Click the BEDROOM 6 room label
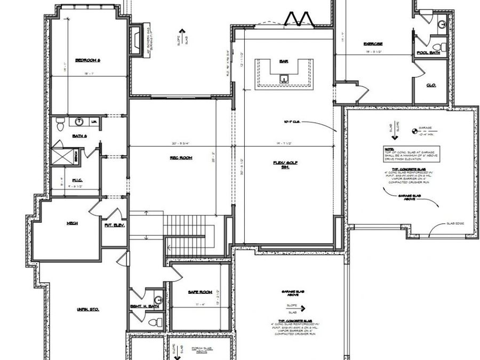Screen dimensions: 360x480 point(87,60)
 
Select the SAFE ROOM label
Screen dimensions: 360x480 point(200,292)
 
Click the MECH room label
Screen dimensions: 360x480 point(72,223)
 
